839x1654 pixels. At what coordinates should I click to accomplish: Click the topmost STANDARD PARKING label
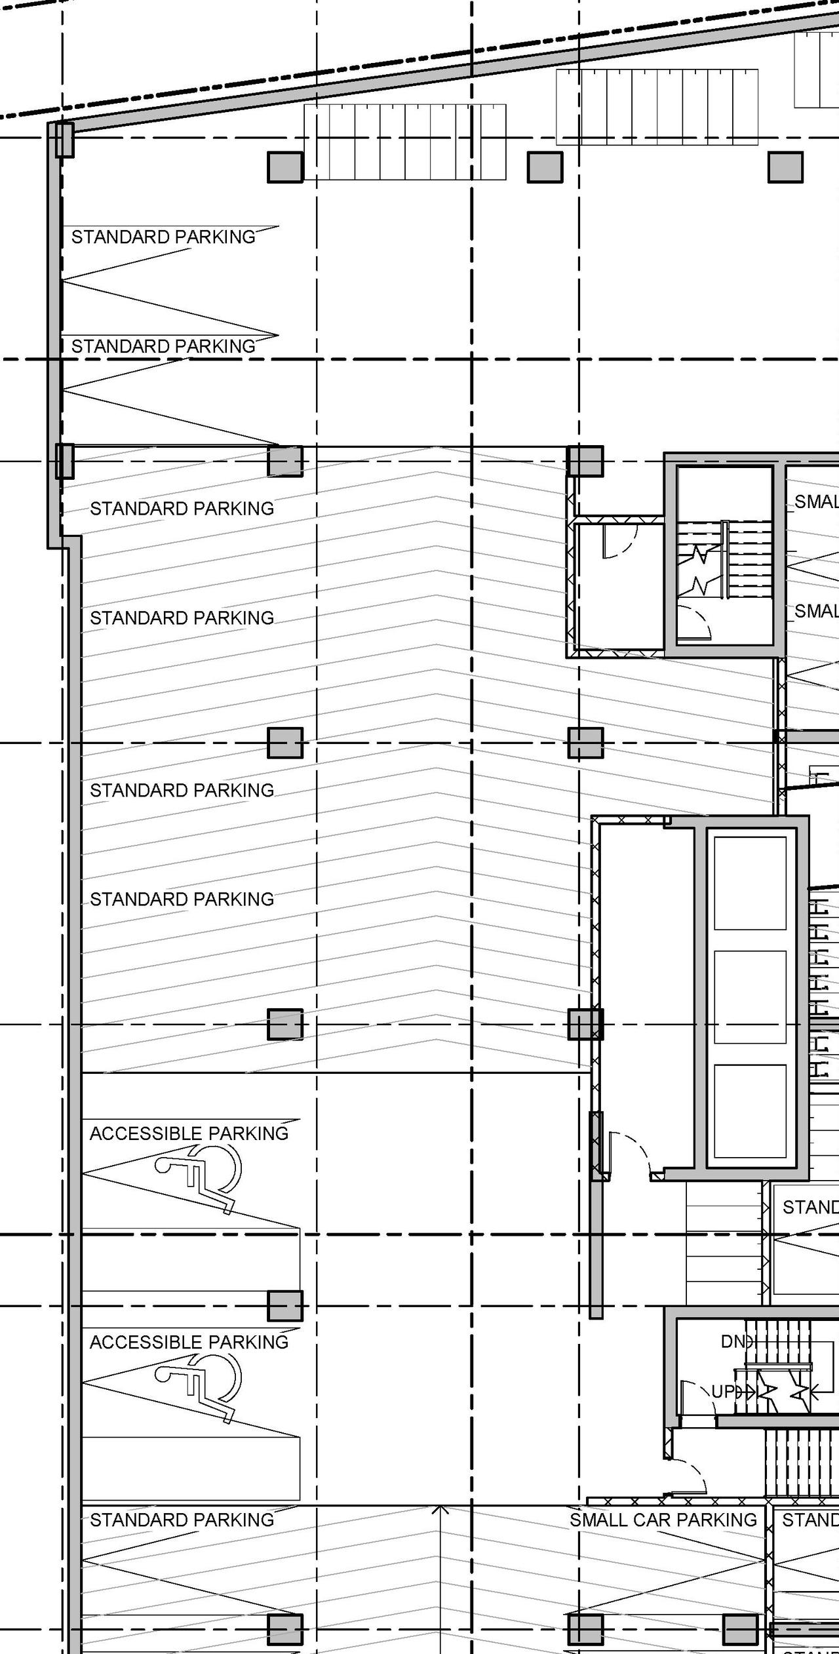pyautogui.click(x=163, y=237)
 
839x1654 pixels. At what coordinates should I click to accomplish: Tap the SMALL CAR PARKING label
pyautogui.click(x=663, y=1520)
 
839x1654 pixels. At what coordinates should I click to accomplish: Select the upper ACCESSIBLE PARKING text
pyautogui.click(x=189, y=1133)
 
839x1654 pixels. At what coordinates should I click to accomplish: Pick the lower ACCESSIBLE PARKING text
pyautogui.click(x=189, y=1343)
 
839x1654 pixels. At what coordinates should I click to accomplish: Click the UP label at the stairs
pyautogui.click(x=723, y=1391)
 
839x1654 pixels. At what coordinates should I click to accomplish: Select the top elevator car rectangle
pyautogui.click(x=750, y=883)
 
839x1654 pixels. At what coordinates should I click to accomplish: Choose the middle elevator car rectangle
pyautogui.click(x=750, y=996)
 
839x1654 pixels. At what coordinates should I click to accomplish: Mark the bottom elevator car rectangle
pyautogui.click(x=750, y=1111)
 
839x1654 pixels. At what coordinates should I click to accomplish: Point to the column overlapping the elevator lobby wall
pyautogui.click(x=585, y=1025)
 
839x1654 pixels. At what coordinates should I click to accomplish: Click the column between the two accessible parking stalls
pyautogui.click(x=285, y=1306)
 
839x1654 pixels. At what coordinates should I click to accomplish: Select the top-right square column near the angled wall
pyautogui.click(x=785, y=167)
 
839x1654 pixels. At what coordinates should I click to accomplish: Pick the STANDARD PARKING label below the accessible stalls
pyautogui.click(x=182, y=1520)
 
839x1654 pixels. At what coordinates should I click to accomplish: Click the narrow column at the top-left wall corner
pyautogui.click(x=64, y=140)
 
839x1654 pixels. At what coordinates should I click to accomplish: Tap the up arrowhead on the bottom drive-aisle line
pyautogui.click(x=441, y=1509)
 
